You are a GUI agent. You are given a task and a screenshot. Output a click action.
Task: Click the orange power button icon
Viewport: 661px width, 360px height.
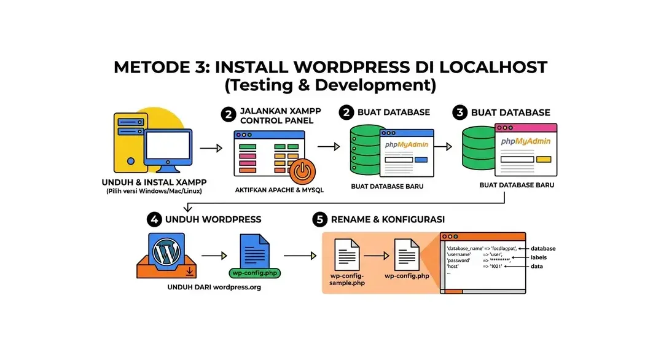[302, 172]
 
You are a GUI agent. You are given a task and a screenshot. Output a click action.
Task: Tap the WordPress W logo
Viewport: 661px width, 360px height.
[166, 252]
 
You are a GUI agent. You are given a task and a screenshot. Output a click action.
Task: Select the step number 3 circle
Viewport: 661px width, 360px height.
[460, 112]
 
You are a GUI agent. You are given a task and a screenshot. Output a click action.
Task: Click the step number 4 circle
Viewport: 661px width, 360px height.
[154, 219]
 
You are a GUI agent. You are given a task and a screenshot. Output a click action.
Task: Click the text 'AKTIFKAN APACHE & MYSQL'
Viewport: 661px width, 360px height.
[279, 190]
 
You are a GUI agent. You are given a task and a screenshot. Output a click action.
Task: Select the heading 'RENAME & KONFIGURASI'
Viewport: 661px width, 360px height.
[388, 219]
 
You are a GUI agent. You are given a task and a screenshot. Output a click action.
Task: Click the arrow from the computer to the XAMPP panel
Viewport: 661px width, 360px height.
[211, 148]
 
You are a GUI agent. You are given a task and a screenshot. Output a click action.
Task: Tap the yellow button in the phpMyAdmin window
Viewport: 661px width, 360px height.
[544, 159]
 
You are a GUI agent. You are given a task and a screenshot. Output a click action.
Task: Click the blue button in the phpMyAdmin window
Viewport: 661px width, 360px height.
[421, 160]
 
